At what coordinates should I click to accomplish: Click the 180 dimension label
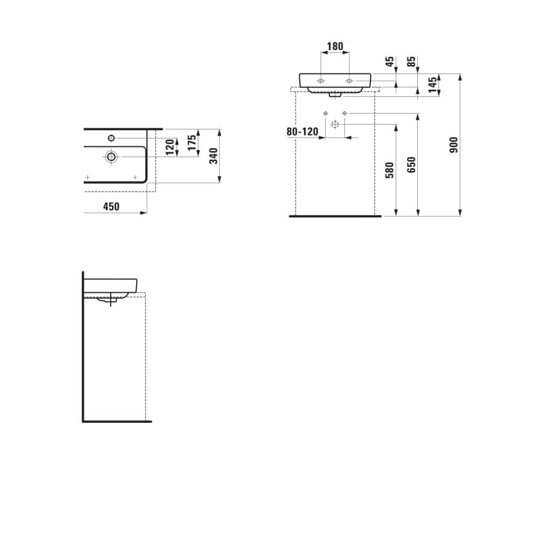coord(335,46)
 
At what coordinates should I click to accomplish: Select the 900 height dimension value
coord(454,145)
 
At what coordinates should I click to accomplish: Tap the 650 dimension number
coord(412,165)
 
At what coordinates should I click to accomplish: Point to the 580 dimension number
coord(390,170)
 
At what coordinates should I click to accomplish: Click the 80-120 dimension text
coord(302,132)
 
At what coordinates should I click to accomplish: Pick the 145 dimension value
coord(432,84)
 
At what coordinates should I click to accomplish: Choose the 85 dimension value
coord(411,61)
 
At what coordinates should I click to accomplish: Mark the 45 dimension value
coord(390,61)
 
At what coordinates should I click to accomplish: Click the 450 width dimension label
coord(111,207)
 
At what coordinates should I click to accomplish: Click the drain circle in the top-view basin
coord(111,157)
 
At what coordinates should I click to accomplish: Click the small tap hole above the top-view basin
coord(112,137)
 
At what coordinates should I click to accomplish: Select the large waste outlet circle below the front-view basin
coord(335,124)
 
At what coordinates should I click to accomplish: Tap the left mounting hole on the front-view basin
coord(321,81)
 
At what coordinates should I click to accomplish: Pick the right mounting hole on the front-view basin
coord(349,81)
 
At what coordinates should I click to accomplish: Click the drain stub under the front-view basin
coord(335,95)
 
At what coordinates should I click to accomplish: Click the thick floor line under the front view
coord(335,216)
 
